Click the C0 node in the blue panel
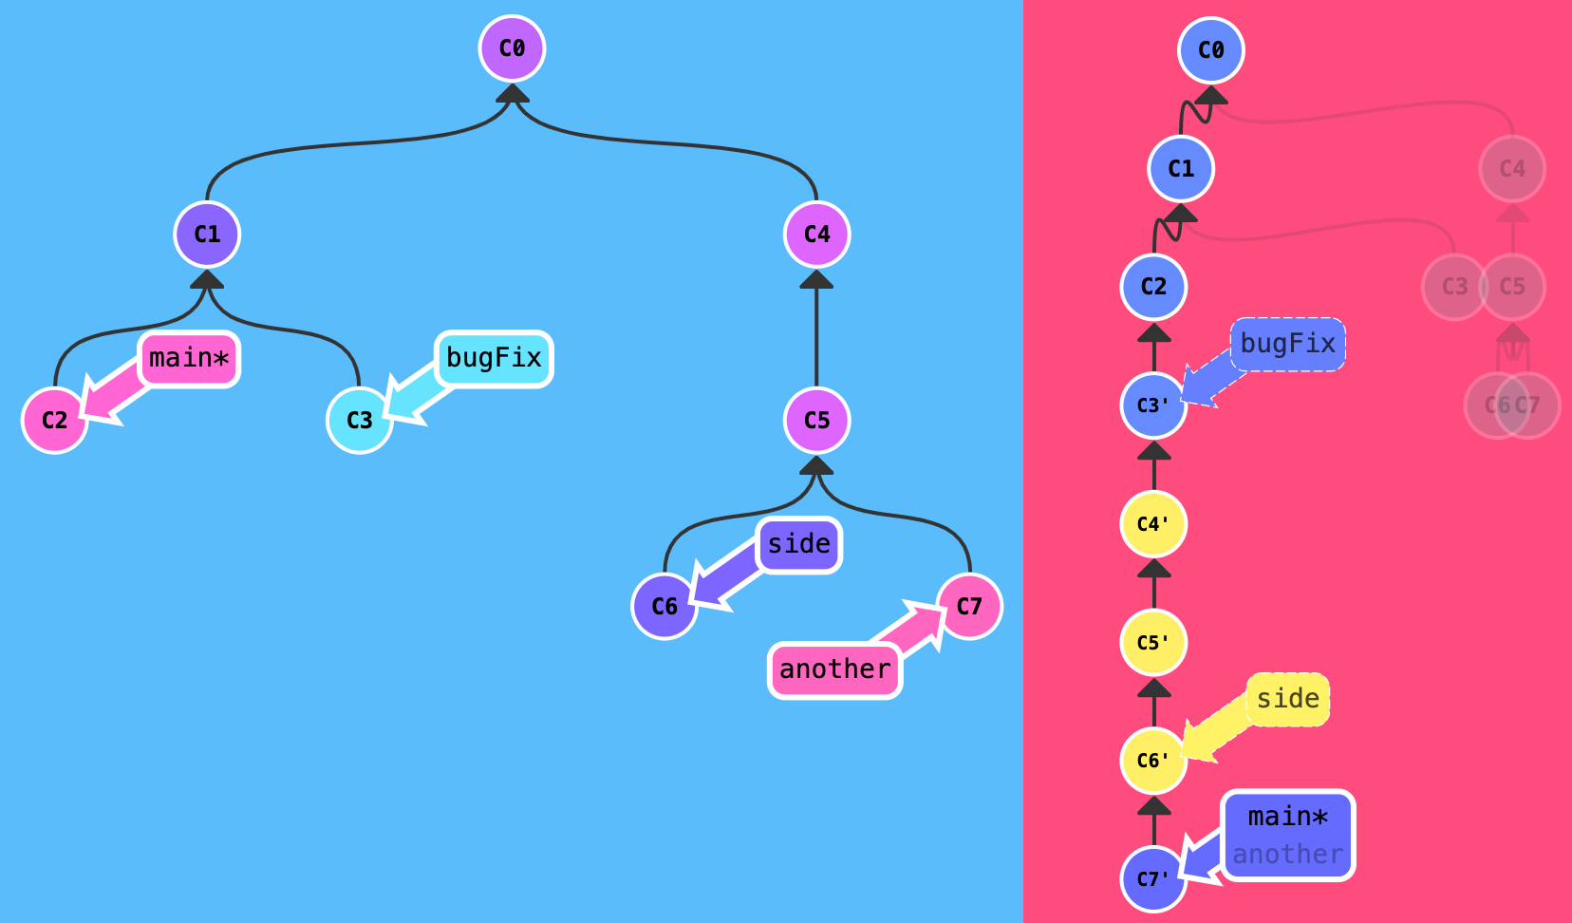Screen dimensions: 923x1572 point(512,48)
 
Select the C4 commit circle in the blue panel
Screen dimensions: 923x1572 point(816,235)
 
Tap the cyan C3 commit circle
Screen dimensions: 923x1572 point(360,420)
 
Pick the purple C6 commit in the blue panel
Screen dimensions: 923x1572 point(664,606)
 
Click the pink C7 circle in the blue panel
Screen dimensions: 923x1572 point(969,606)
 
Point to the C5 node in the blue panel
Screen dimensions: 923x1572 point(816,420)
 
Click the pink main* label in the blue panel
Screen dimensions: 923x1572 point(189,359)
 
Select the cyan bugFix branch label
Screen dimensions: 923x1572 point(494,359)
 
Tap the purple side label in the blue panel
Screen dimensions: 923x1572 point(799,545)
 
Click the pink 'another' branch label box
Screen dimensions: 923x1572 point(834,669)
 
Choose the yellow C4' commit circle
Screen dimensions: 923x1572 point(1153,523)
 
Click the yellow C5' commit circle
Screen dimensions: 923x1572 point(1153,642)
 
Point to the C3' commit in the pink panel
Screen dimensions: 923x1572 point(1153,405)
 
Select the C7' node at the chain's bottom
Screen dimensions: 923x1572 point(1153,878)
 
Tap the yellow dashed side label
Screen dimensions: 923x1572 point(1288,700)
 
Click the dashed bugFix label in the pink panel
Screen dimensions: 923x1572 point(1288,345)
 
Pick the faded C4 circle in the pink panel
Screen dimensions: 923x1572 point(1512,169)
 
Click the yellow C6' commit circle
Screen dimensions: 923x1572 point(1153,761)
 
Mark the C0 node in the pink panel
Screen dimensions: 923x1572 point(1210,49)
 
